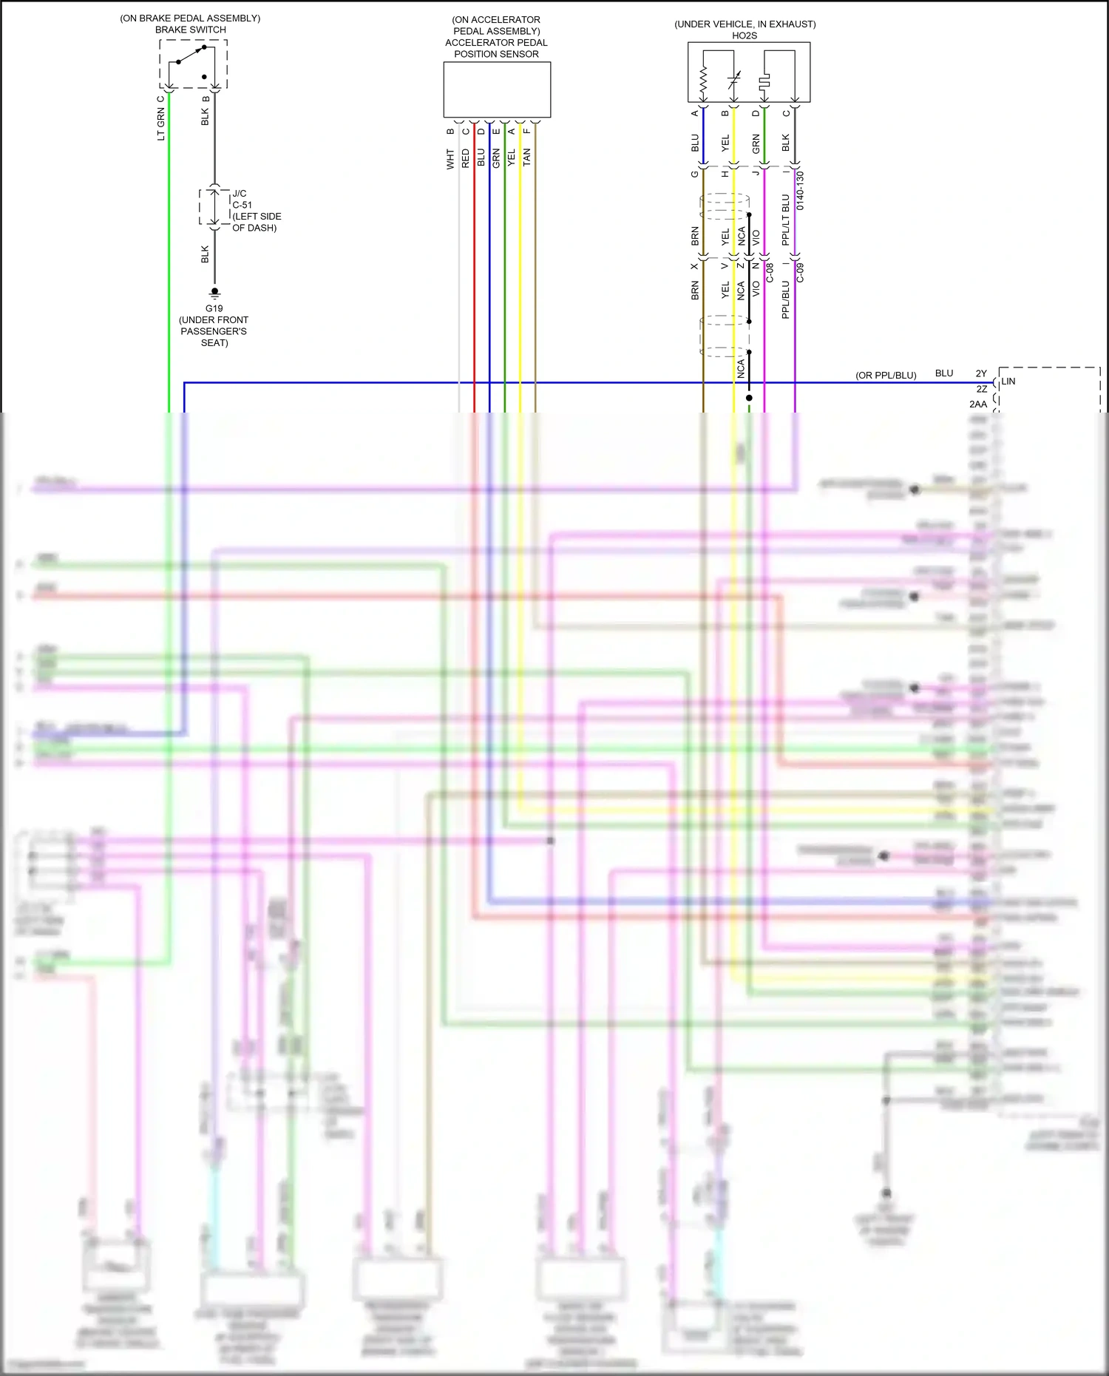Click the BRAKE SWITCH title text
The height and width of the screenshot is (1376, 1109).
click(x=190, y=30)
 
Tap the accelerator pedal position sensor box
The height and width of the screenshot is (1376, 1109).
click(x=496, y=89)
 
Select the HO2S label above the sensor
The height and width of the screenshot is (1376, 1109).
click(x=744, y=35)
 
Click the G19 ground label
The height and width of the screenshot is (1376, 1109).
click(x=214, y=308)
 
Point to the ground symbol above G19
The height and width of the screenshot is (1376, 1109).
click(x=214, y=293)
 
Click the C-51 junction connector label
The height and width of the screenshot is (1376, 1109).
click(x=242, y=205)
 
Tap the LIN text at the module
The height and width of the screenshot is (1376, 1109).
click(x=1008, y=382)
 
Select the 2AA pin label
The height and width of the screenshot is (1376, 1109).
click(x=977, y=404)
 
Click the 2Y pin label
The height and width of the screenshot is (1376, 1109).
click(x=980, y=374)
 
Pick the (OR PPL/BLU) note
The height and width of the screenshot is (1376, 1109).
click(x=886, y=376)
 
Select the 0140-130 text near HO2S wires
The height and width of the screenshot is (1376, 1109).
click(x=800, y=191)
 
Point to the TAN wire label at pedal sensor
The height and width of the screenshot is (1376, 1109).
click(x=526, y=157)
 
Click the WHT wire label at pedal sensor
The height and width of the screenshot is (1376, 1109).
click(x=450, y=159)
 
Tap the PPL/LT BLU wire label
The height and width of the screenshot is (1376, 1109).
click(x=785, y=220)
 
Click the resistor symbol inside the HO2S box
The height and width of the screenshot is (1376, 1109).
click(x=703, y=81)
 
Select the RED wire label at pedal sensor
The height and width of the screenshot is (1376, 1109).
click(x=465, y=158)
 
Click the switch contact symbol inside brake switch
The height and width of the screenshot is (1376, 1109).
click(x=191, y=55)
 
